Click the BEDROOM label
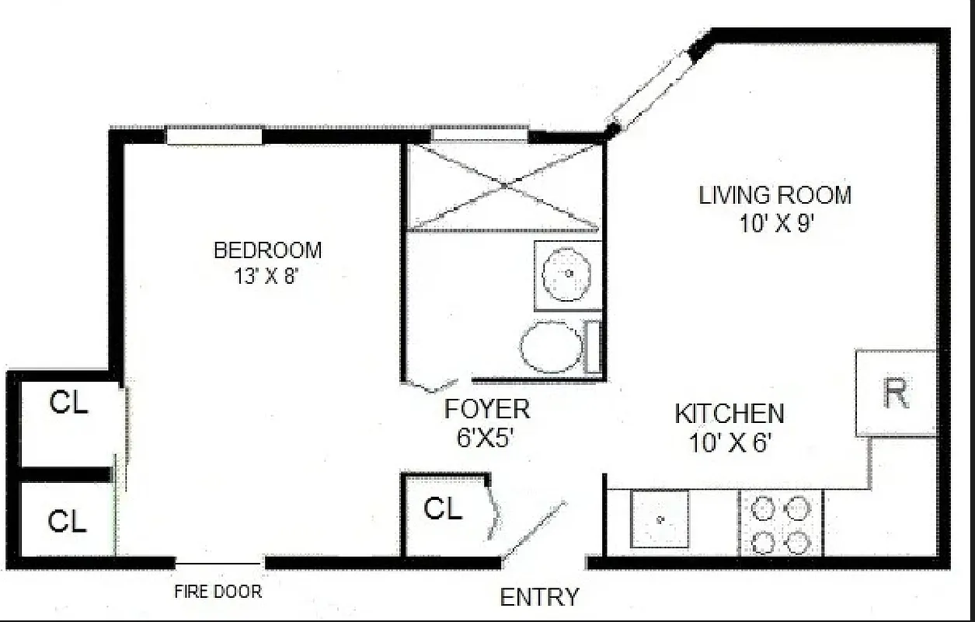coord(267,250)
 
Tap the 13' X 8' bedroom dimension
coord(266,276)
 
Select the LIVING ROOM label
coord(775,195)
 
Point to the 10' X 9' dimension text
coord(776,224)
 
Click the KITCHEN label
coord(729,414)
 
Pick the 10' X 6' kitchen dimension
coord(729,443)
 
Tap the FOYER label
coord(487,409)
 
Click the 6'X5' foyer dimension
coord(486,437)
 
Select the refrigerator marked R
coord(896,393)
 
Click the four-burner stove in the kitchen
coord(780,523)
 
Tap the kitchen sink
coord(660,519)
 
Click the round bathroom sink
coord(568,274)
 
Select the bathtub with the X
coord(504,187)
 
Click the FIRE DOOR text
coord(218,592)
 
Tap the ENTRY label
coord(539,597)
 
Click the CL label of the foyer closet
coord(444,509)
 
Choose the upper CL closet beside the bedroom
coord(68,404)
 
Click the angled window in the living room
coord(649,92)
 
